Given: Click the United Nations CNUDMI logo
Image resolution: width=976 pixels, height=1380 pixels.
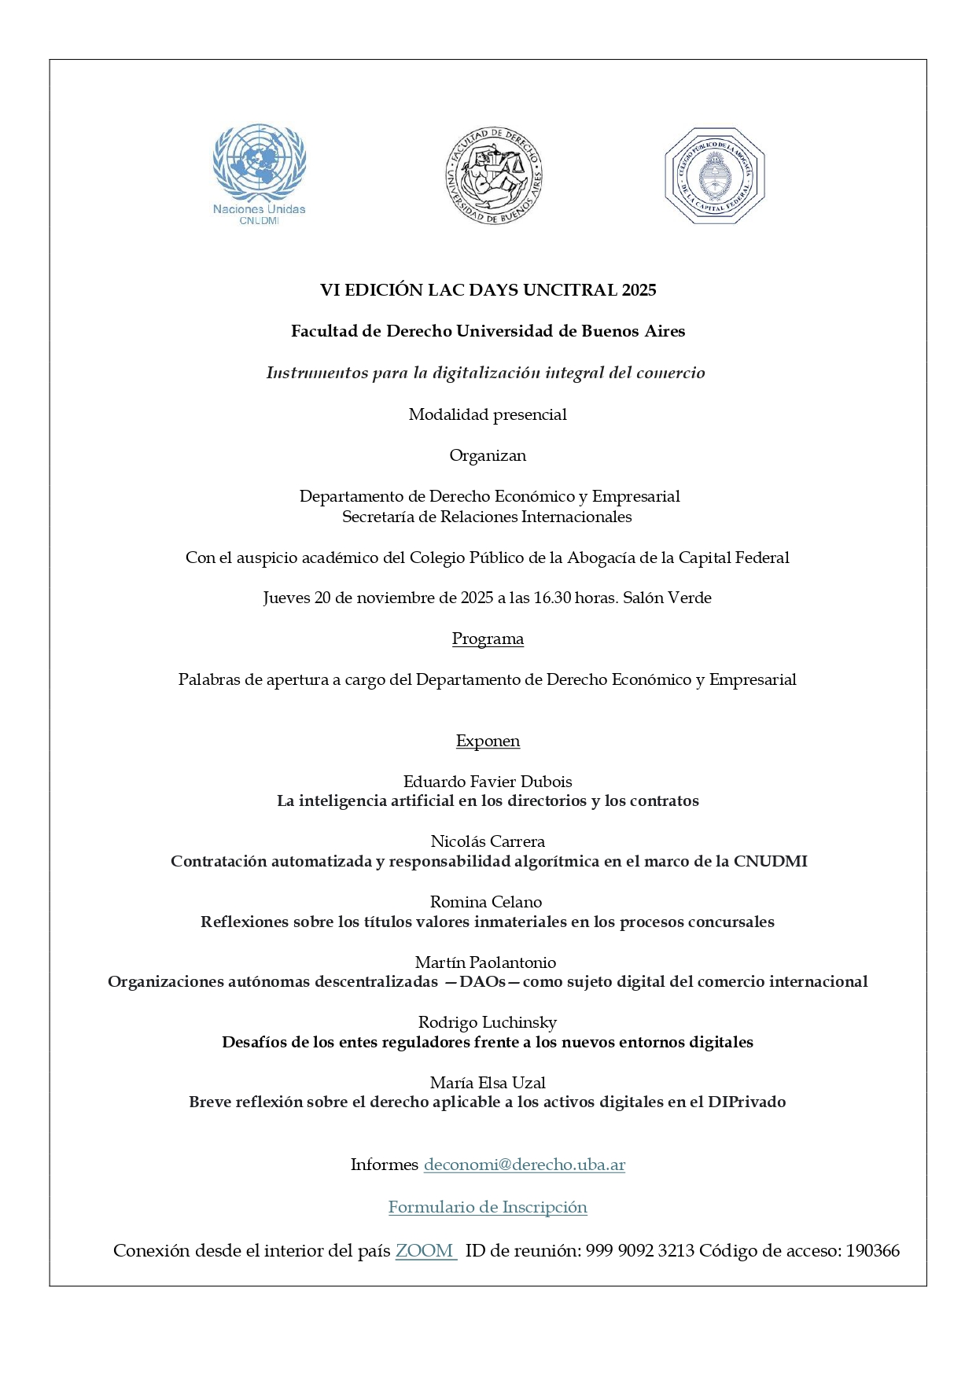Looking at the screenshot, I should pos(259,173).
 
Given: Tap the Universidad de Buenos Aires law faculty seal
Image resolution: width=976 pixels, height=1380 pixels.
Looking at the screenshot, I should pos(493,175).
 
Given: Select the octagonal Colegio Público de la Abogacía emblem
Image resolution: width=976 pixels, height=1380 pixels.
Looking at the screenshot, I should pos(714,175).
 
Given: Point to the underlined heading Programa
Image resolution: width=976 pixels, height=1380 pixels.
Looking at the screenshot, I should pos(488,638).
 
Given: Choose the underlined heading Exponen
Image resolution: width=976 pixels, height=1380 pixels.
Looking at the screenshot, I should pos(488,741).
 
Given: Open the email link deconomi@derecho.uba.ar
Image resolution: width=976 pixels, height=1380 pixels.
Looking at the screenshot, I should pos(524,1165).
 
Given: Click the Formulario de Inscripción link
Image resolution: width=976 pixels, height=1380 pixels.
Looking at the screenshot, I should pos(488,1207).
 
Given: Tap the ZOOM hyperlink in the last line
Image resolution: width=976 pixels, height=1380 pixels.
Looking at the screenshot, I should pos(425,1251).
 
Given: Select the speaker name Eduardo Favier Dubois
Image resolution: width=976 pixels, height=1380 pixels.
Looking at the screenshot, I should pos(488,782).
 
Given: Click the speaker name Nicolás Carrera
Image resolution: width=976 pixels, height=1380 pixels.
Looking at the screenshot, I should pos(488,841).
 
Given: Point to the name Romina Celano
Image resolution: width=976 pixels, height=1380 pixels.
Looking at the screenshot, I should pos(486,902).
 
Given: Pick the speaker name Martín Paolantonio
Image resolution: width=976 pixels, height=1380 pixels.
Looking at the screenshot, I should pos(485,962).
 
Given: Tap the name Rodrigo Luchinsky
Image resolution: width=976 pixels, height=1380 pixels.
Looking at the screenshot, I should pos(488,1022).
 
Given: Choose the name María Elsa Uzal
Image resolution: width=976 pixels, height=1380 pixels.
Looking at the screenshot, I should pos(488,1083).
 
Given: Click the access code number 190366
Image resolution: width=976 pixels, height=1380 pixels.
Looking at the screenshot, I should pos(872,1251).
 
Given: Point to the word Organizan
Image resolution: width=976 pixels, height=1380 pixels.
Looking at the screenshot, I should pos(488,455).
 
